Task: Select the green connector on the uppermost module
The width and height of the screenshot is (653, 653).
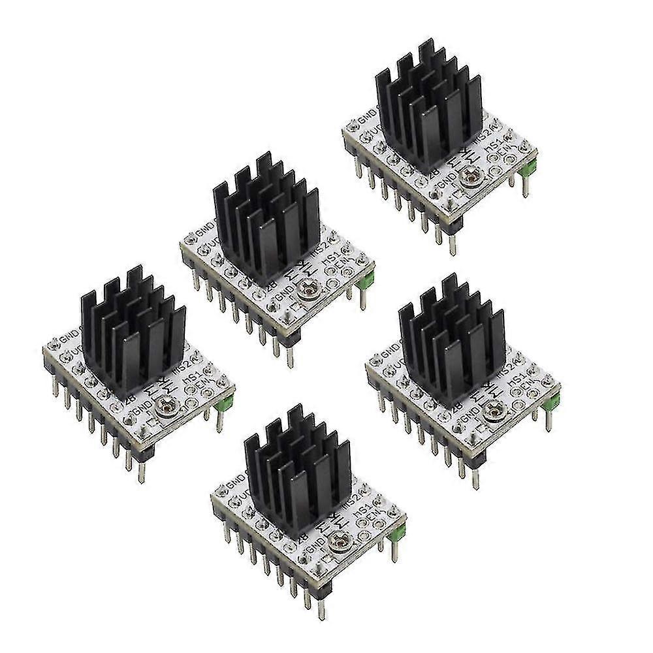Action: [x=531, y=166]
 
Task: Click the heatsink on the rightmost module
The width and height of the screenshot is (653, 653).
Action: [x=453, y=340]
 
